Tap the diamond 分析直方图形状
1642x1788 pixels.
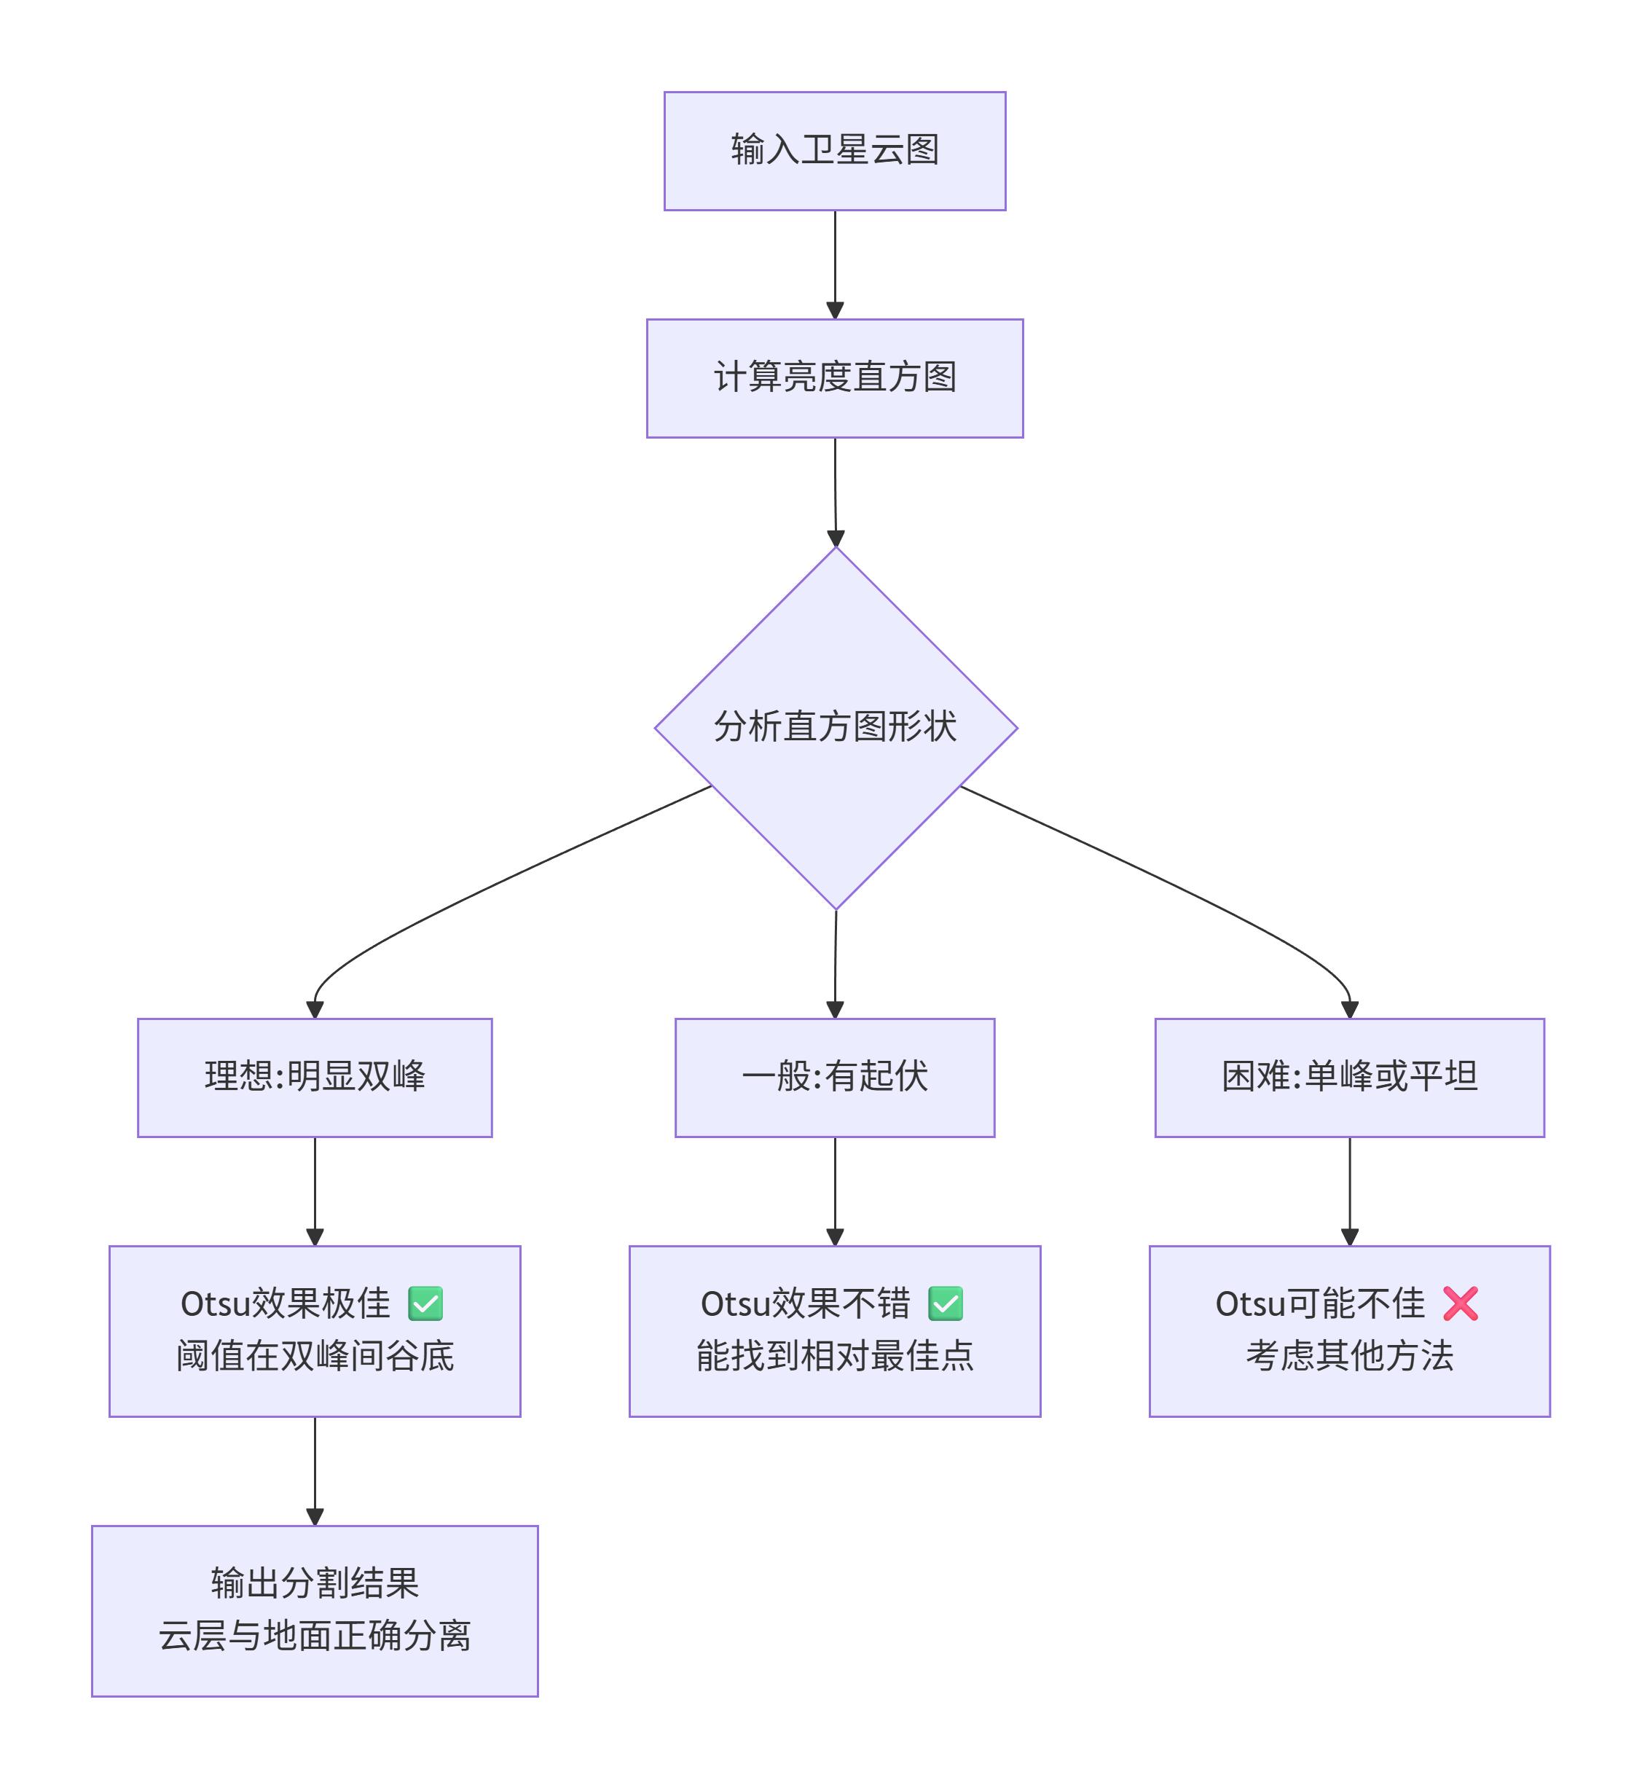pos(836,728)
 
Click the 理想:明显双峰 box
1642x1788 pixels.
pos(315,1078)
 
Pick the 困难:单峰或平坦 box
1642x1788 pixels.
pos(1350,1078)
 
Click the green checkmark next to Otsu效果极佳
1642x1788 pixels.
pos(425,1303)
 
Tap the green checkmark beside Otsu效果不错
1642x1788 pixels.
pos(946,1303)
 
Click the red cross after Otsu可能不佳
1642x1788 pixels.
pos(1461,1303)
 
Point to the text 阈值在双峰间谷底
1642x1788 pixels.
pos(315,1356)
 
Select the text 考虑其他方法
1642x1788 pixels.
pos(1350,1356)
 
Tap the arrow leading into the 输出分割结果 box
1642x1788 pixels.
pos(315,1472)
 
